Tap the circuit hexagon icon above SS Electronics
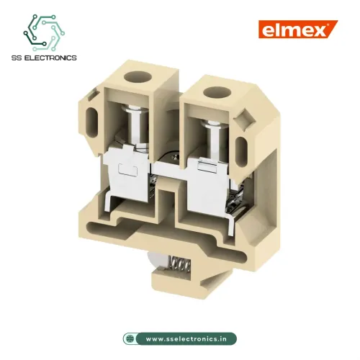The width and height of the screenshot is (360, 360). pos(45,32)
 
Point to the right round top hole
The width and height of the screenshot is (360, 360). pos(213,93)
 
